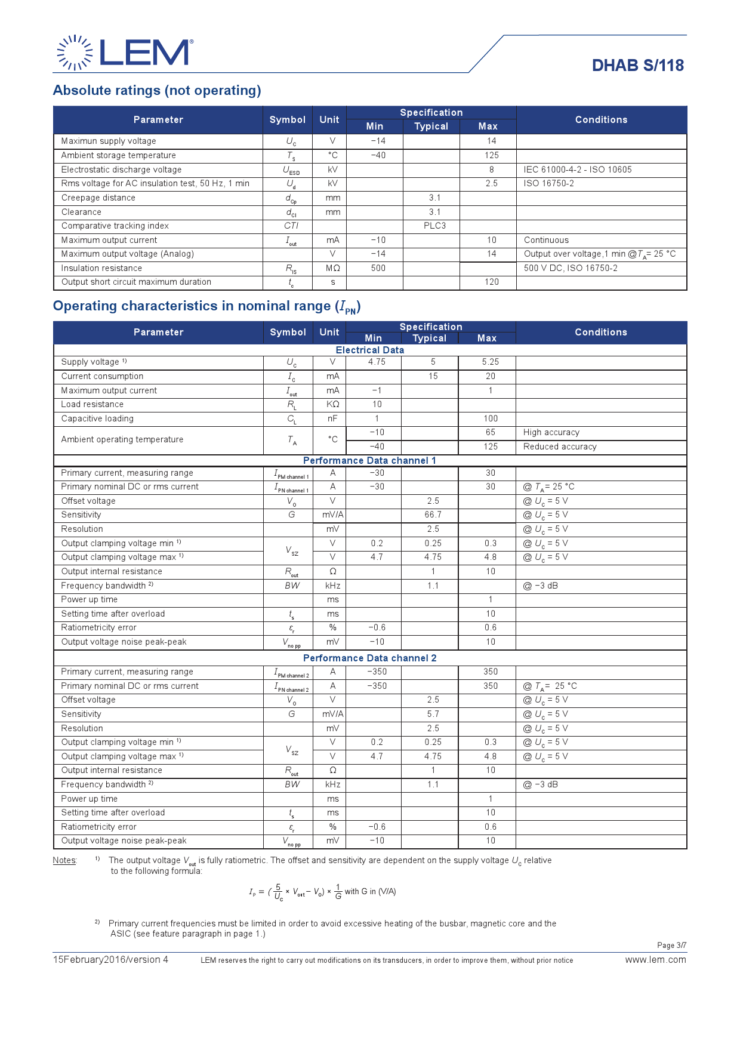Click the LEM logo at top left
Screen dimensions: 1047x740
(x=125, y=53)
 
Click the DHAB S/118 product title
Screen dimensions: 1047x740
(x=637, y=66)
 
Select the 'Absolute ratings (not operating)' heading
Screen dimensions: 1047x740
(x=157, y=90)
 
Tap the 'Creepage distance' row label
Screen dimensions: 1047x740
(x=98, y=198)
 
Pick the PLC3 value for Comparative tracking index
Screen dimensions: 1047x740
(x=434, y=226)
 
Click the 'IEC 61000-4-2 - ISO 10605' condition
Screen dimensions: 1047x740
(x=577, y=170)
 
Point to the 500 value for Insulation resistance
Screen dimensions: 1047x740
(x=378, y=268)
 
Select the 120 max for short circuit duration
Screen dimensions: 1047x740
(x=491, y=282)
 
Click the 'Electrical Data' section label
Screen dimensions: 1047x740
(x=370, y=350)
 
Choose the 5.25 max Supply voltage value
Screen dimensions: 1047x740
(x=490, y=362)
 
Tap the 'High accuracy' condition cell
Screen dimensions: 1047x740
(x=551, y=432)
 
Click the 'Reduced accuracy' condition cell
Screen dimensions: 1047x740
(x=560, y=446)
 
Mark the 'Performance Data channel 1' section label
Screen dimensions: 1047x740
(x=369, y=461)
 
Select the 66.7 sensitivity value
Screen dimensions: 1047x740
(x=433, y=515)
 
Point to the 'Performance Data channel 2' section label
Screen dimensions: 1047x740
(x=369, y=658)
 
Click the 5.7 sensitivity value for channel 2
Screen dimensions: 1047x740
(x=433, y=714)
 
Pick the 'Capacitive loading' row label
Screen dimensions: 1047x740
(x=97, y=418)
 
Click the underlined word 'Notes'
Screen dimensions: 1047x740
(x=64, y=860)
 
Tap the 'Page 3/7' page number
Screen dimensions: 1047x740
(x=671, y=945)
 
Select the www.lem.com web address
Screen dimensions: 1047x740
(x=655, y=960)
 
